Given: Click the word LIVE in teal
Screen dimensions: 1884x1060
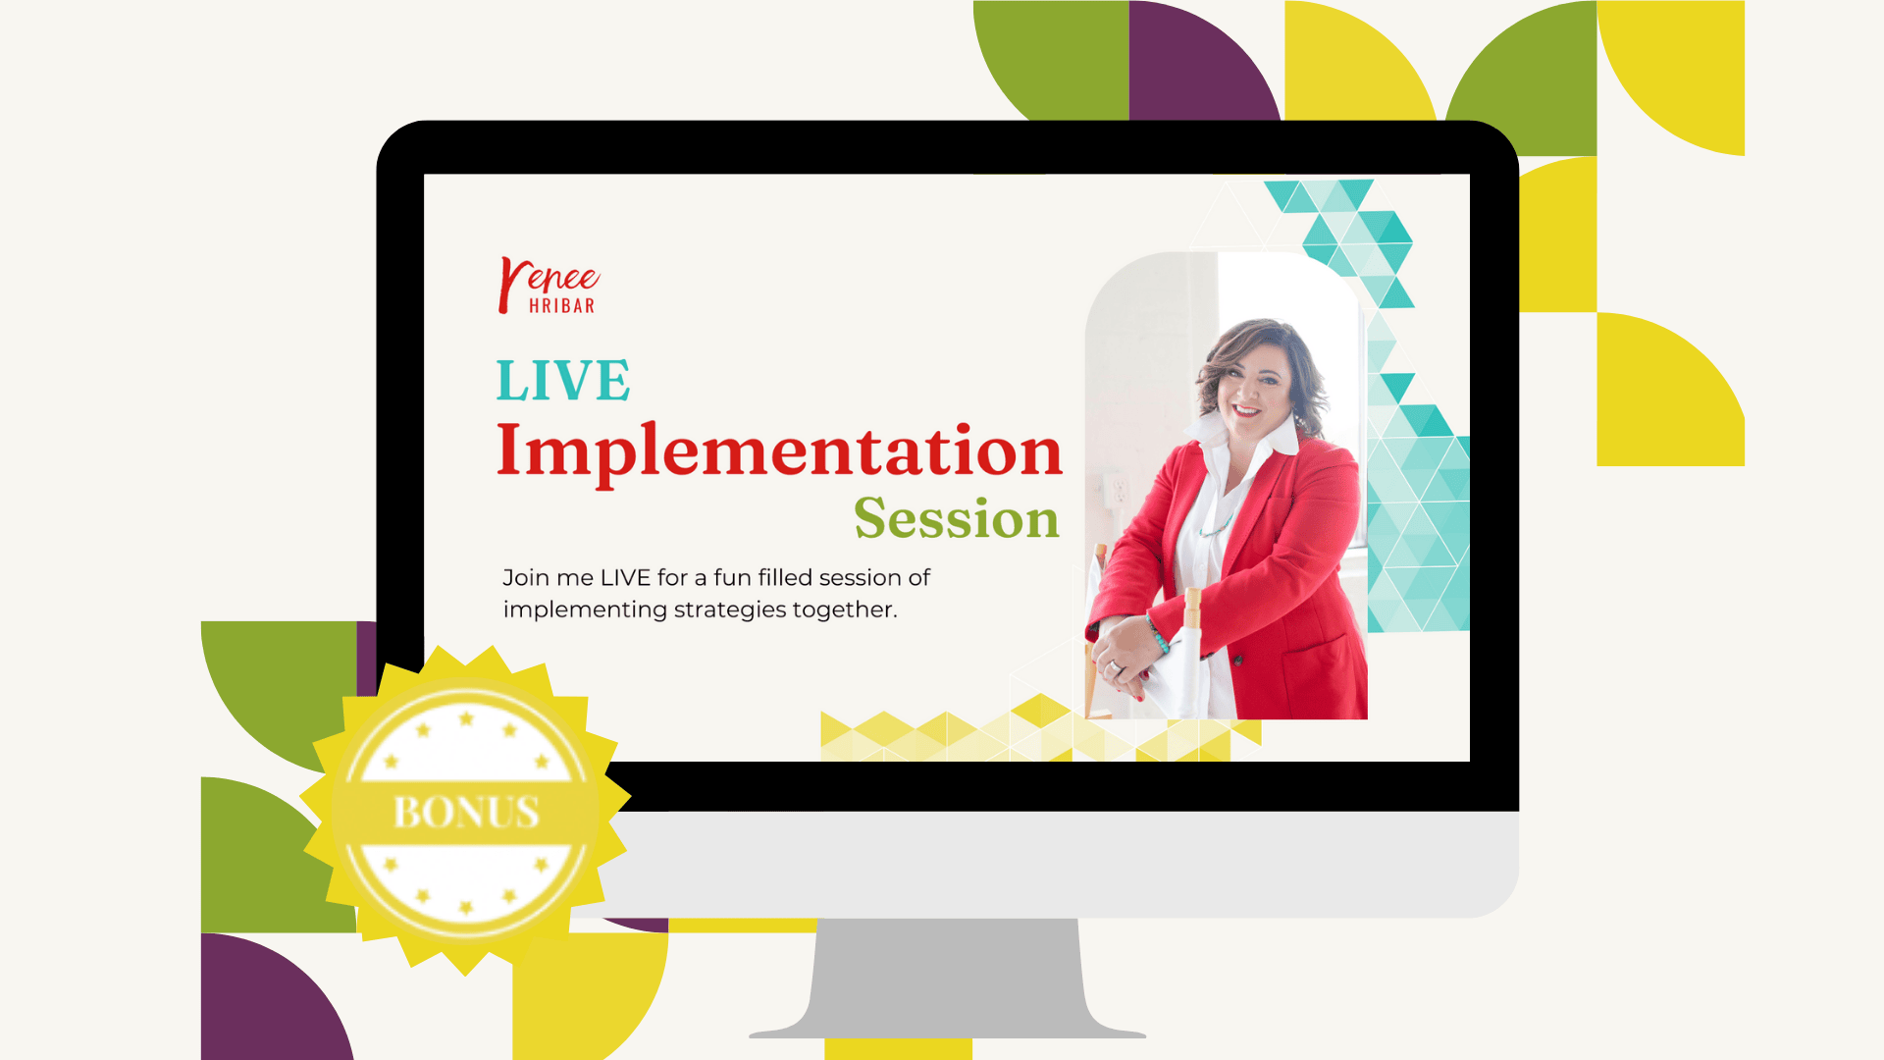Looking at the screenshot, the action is point(562,380).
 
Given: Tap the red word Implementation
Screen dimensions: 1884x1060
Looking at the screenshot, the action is point(779,451).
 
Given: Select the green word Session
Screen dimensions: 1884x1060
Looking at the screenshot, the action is point(957,517).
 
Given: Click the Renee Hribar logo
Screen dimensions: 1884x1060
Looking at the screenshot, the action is point(549,286).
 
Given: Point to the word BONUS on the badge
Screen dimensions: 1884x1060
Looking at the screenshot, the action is point(466,812).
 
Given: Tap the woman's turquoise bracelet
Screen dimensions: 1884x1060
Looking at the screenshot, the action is point(1158,634).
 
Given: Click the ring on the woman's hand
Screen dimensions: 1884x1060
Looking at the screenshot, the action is point(1116,667).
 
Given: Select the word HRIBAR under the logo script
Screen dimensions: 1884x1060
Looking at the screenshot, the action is point(561,306).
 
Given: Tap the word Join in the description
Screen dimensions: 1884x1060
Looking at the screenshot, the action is point(525,578).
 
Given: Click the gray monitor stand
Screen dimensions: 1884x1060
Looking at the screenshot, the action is point(948,978).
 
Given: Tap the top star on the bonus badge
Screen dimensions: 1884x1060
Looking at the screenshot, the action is point(466,718).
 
